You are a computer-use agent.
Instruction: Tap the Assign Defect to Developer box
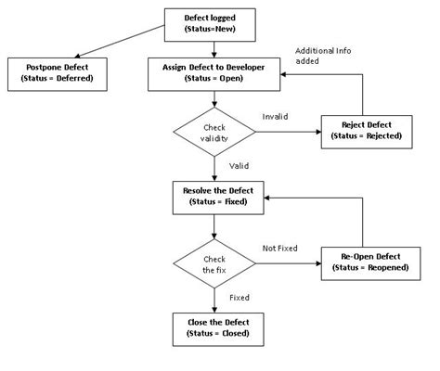pyautogui.click(x=215, y=72)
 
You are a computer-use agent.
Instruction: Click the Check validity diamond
pyautogui.click(x=215, y=133)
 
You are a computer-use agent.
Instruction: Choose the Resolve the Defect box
pyautogui.click(x=215, y=197)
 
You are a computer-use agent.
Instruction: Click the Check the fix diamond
pyautogui.click(x=215, y=262)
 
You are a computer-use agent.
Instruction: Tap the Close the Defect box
pyautogui.click(x=215, y=327)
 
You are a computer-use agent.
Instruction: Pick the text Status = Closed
pyautogui.click(x=215, y=334)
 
